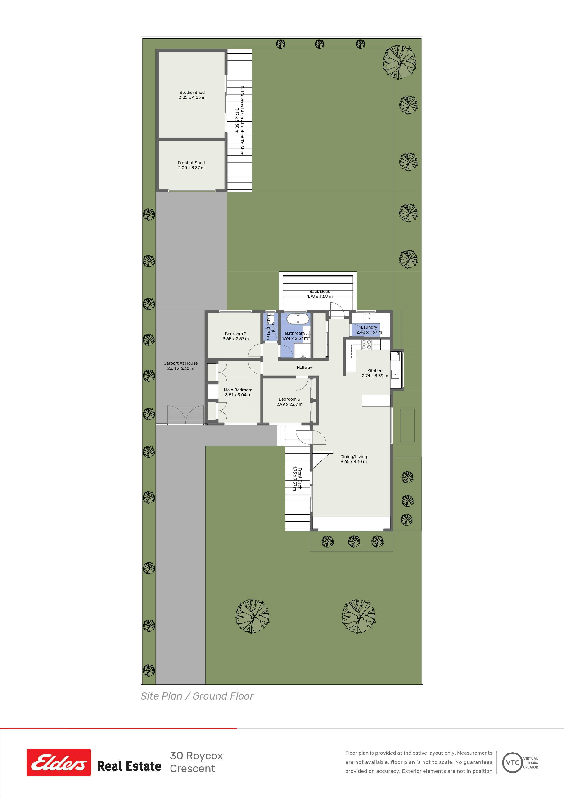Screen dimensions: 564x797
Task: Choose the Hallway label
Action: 304,367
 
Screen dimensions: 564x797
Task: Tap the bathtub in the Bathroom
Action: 298,319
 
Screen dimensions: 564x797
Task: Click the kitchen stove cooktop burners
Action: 366,344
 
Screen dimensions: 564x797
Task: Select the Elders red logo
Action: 59,762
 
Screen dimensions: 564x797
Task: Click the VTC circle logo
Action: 513,763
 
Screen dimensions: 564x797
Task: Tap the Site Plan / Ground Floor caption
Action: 197,696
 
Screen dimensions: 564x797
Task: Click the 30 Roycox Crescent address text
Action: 196,762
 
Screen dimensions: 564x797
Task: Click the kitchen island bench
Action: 376,400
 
